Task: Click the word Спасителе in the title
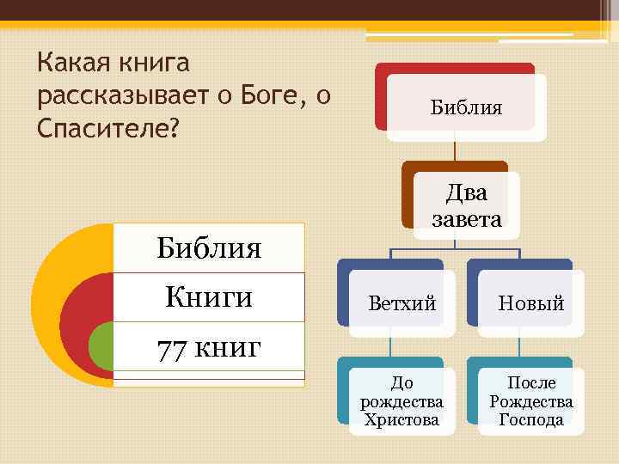102,126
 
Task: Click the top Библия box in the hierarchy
466,107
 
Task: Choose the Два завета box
466,205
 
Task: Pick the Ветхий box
401,302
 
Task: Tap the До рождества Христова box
401,400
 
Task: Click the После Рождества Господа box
531,400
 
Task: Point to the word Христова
401,420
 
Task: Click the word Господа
531,420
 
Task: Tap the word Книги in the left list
209,297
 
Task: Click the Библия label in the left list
209,248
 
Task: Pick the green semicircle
101,347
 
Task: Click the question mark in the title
175,127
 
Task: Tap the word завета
466,219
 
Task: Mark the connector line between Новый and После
520,341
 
